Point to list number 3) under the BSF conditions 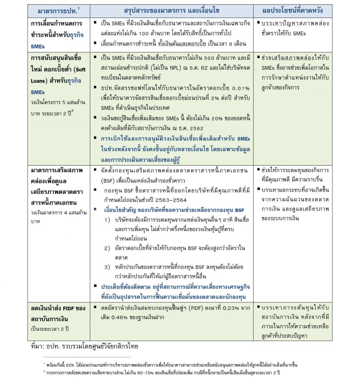coord(107,268)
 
